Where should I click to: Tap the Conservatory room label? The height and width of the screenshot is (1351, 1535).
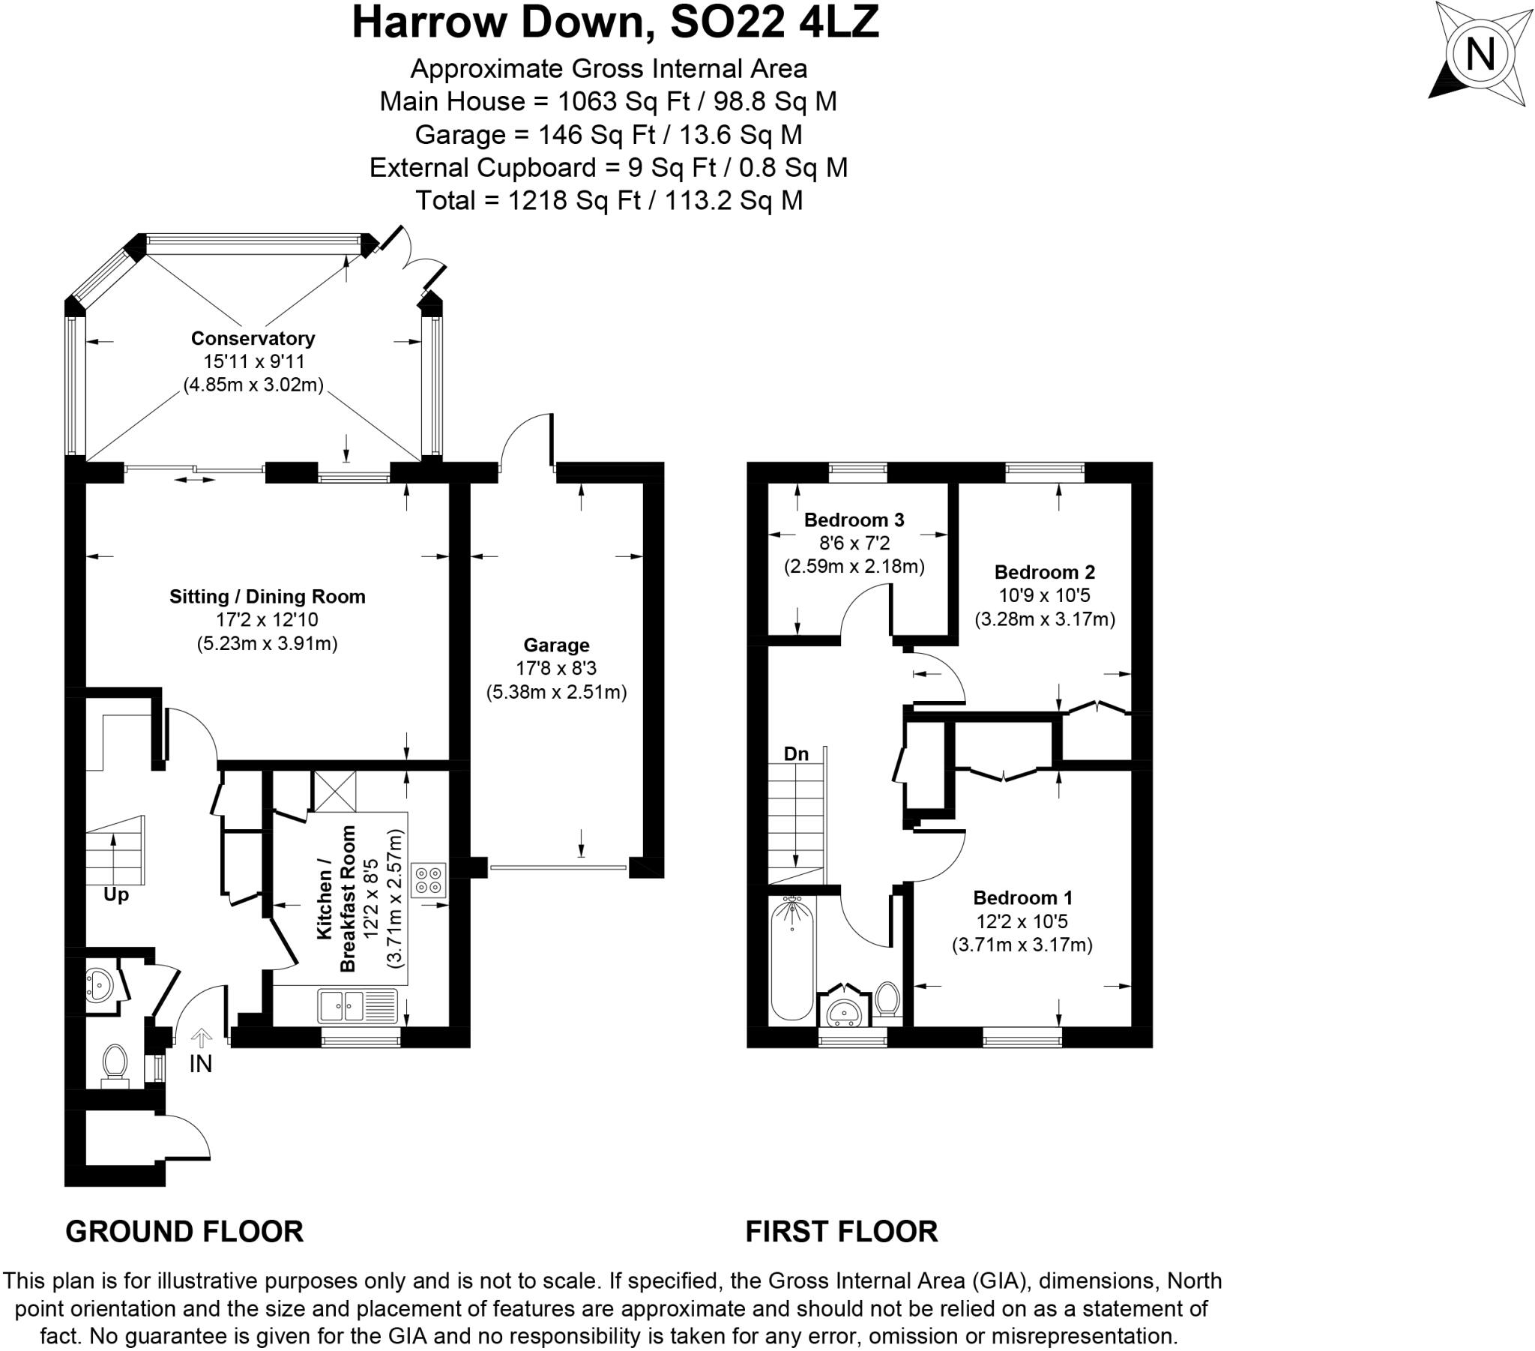pos(253,338)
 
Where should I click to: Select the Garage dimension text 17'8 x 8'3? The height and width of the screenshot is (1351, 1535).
pos(555,668)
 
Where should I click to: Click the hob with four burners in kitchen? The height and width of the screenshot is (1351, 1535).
pos(429,881)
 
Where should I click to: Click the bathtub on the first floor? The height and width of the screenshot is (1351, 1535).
pos(791,958)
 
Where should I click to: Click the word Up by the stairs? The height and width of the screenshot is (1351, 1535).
pos(115,895)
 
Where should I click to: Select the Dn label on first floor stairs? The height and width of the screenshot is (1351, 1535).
pos(796,753)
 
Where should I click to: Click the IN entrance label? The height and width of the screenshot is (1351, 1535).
pos(201,1064)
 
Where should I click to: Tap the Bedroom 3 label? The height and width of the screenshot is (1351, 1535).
pos(854,520)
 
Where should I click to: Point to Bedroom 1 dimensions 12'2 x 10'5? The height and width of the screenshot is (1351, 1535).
pos(1022,921)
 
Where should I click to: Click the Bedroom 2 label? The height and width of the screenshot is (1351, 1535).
pos(1044,572)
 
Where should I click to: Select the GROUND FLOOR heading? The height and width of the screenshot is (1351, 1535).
pos(184,1232)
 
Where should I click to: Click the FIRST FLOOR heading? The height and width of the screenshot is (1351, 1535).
pos(841,1232)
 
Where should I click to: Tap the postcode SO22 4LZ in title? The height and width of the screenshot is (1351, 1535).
pos(773,22)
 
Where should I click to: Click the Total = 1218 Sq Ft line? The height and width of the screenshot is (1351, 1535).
pos(609,201)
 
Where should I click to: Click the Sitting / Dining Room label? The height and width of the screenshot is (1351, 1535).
pos(268,597)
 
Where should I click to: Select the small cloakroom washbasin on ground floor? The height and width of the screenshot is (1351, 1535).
pos(97,985)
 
